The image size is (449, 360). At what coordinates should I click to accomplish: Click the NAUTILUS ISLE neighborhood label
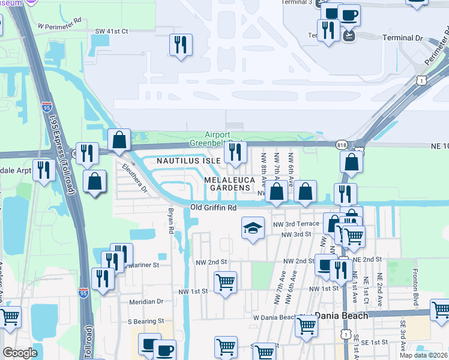188,161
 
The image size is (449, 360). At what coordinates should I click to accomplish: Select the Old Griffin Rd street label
212,208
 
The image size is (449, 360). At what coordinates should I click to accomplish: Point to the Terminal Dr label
403,38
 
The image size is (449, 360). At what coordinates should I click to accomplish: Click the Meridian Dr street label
143,302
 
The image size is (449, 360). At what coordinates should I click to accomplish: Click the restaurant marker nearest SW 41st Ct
180,44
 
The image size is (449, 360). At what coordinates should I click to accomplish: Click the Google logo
19,353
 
